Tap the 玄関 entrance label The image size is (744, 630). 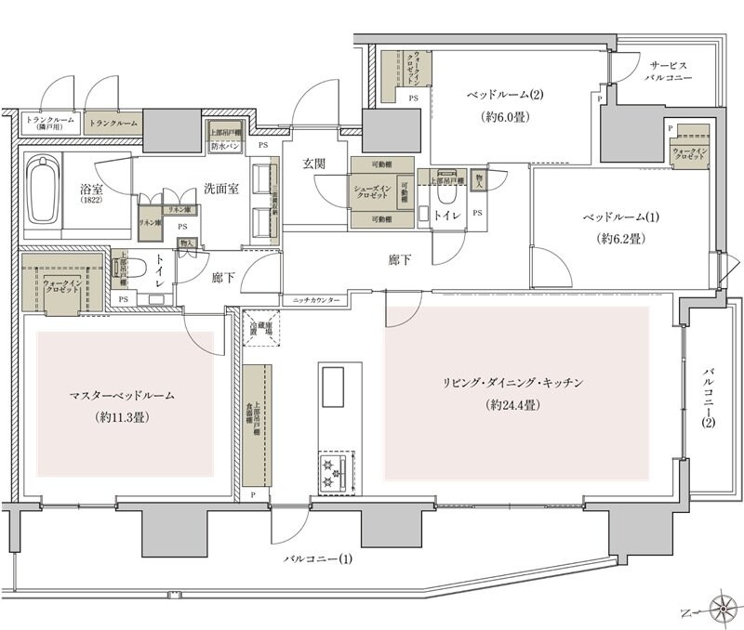(313, 164)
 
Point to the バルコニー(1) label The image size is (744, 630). (319, 559)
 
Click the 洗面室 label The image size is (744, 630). (222, 188)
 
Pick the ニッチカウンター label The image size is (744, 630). (315, 302)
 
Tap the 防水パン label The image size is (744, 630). (226, 147)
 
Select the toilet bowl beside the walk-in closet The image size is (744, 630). (133, 269)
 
